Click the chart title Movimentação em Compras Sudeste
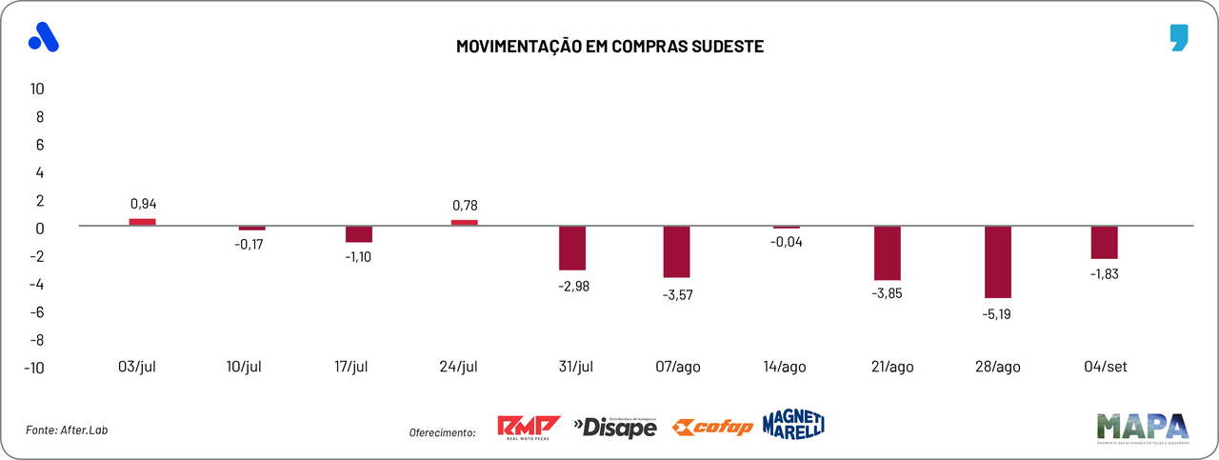[609, 46]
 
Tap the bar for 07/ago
[678, 251]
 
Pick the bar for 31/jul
[571, 248]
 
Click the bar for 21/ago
[887, 253]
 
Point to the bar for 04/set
[1104, 242]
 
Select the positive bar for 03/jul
[143, 222]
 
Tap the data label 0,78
[464, 204]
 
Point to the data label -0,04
[787, 242]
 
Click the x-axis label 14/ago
[785, 367]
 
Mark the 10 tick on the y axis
[38, 89]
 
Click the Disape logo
[615, 428]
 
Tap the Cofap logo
[711, 427]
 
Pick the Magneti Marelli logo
[793, 424]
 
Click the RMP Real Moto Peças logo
[530, 427]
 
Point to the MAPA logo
[1142, 428]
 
